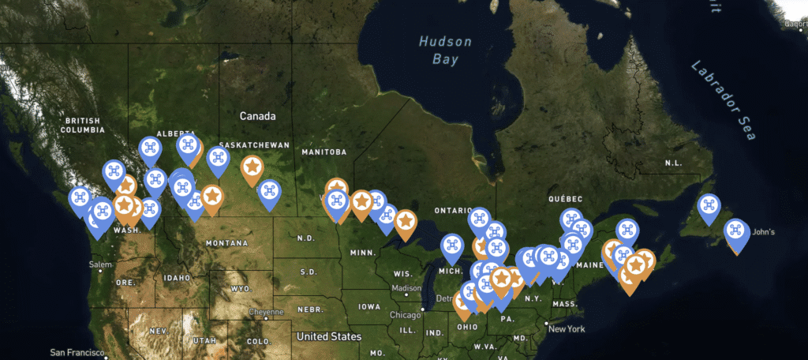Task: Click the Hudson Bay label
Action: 445,50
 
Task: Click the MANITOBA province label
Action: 324,152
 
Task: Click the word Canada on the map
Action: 258,116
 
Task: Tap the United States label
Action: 329,336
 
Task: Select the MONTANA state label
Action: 226,243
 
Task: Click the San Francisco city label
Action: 77,352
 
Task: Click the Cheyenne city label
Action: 267,312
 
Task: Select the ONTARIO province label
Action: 453,211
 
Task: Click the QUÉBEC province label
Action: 565,198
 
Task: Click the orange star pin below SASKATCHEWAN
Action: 252,168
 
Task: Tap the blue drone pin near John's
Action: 736,232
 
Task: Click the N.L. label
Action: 673,163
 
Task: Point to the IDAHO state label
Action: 178,278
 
